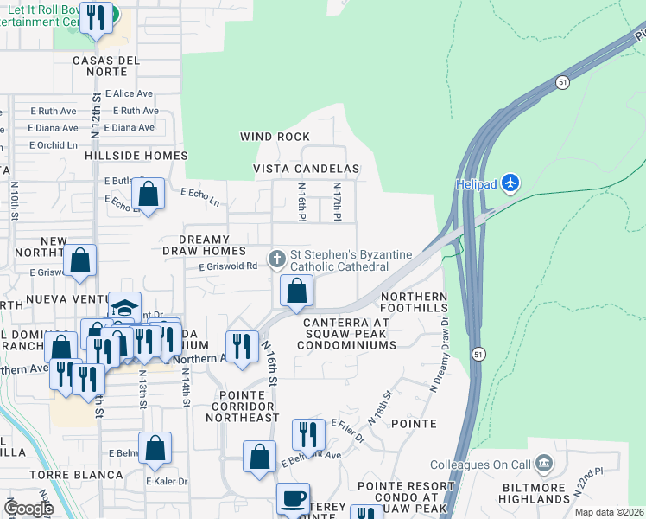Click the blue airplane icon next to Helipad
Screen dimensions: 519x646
tap(511, 183)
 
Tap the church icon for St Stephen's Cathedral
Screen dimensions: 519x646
tap(277, 258)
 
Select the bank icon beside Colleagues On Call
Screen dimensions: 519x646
tap(544, 462)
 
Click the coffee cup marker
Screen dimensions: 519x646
tap(293, 498)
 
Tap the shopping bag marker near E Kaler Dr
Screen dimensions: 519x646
tap(155, 448)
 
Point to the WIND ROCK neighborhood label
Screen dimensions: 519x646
tap(275, 137)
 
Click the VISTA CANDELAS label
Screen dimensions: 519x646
tap(306, 168)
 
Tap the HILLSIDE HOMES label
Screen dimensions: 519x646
tap(136, 156)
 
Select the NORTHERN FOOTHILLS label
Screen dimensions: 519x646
tap(415, 304)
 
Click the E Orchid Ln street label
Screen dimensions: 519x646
tap(54, 144)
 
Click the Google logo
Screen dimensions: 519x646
tap(28, 508)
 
